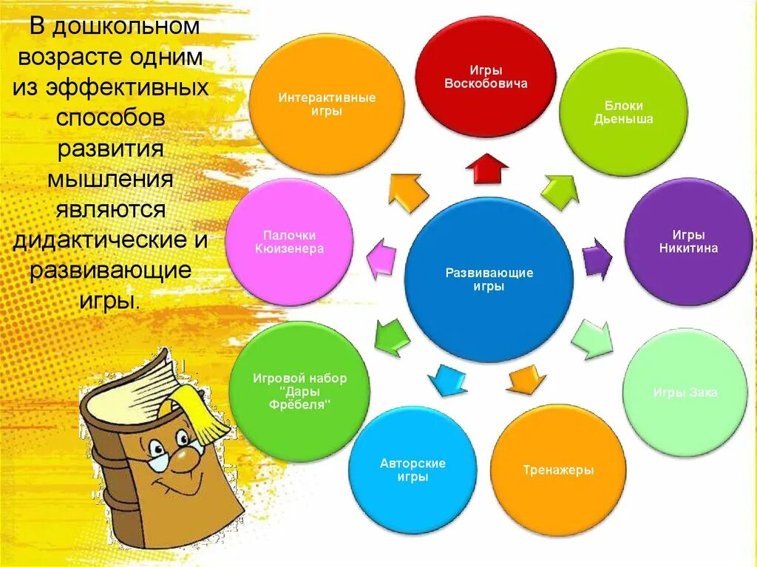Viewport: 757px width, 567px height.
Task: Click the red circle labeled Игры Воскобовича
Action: pos(486,76)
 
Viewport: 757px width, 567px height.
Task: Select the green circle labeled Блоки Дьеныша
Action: pos(623,112)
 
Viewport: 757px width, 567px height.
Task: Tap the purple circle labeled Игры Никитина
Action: pos(688,242)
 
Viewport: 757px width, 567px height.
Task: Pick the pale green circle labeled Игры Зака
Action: pos(685,392)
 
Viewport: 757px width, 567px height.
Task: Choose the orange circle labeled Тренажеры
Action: pos(558,470)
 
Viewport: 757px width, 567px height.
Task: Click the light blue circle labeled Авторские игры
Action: pos(413,470)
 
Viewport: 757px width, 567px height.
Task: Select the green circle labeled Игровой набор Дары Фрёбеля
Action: pos(299,391)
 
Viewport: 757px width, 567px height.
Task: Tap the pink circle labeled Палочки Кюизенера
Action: pos(289,242)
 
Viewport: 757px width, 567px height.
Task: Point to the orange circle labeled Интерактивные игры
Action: pos(327,104)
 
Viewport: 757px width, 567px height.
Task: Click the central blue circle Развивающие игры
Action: pos(489,279)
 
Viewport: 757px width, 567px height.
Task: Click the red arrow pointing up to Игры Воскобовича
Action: pos(486,168)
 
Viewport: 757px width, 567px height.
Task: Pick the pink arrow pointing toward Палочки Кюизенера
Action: pos(381,259)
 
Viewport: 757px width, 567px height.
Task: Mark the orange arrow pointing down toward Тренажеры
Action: pos(526,379)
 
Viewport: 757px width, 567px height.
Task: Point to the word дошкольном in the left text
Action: pos(126,27)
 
